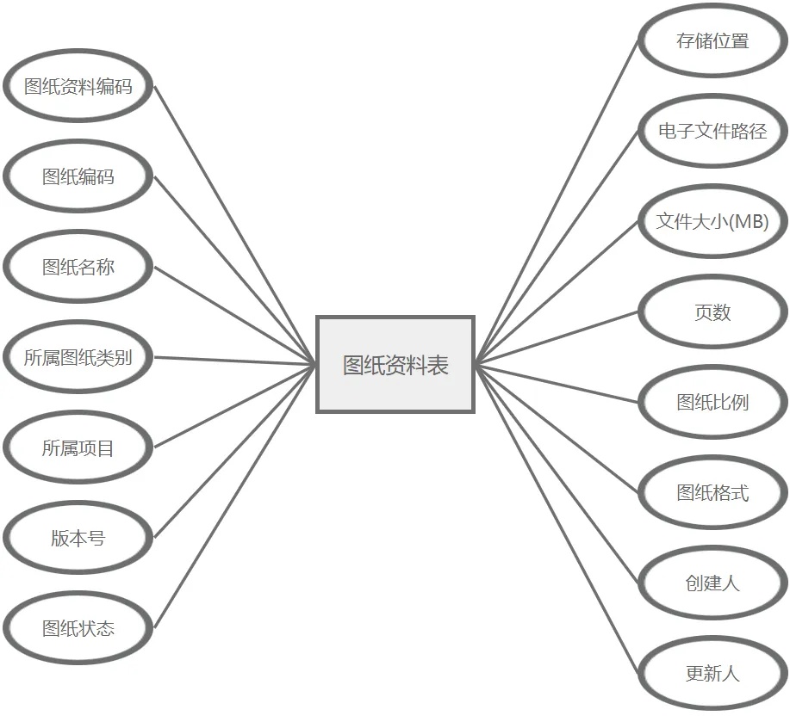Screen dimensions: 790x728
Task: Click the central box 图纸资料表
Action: coord(395,365)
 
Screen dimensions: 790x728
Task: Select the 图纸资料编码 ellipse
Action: coord(78,87)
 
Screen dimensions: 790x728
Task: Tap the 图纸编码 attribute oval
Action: coord(78,177)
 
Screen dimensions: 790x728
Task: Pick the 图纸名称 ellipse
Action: coord(78,268)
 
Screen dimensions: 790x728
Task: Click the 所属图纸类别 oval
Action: coord(78,358)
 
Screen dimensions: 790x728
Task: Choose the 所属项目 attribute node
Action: coord(78,448)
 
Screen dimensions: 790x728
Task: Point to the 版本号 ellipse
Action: coord(78,539)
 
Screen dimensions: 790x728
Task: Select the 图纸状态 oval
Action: coord(78,629)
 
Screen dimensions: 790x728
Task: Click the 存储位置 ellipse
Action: coord(712,41)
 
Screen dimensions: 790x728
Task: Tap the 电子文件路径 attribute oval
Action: coord(712,132)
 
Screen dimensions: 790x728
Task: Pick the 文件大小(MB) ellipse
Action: coord(712,222)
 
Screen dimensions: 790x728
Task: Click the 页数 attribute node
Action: coord(712,312)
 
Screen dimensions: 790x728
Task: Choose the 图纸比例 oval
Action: coord(712,403)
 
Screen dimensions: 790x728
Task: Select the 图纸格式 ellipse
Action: coord(712,493)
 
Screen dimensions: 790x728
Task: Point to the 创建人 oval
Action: coord(712,583)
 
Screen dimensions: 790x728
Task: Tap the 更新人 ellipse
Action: coord(712,674)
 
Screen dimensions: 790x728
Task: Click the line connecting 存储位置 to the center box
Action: coord(557,201)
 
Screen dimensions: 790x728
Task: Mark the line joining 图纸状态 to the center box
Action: coord(235,497)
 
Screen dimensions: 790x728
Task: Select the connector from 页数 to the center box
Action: coord(557,337)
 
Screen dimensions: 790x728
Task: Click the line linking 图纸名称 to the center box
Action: coord(235,316)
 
